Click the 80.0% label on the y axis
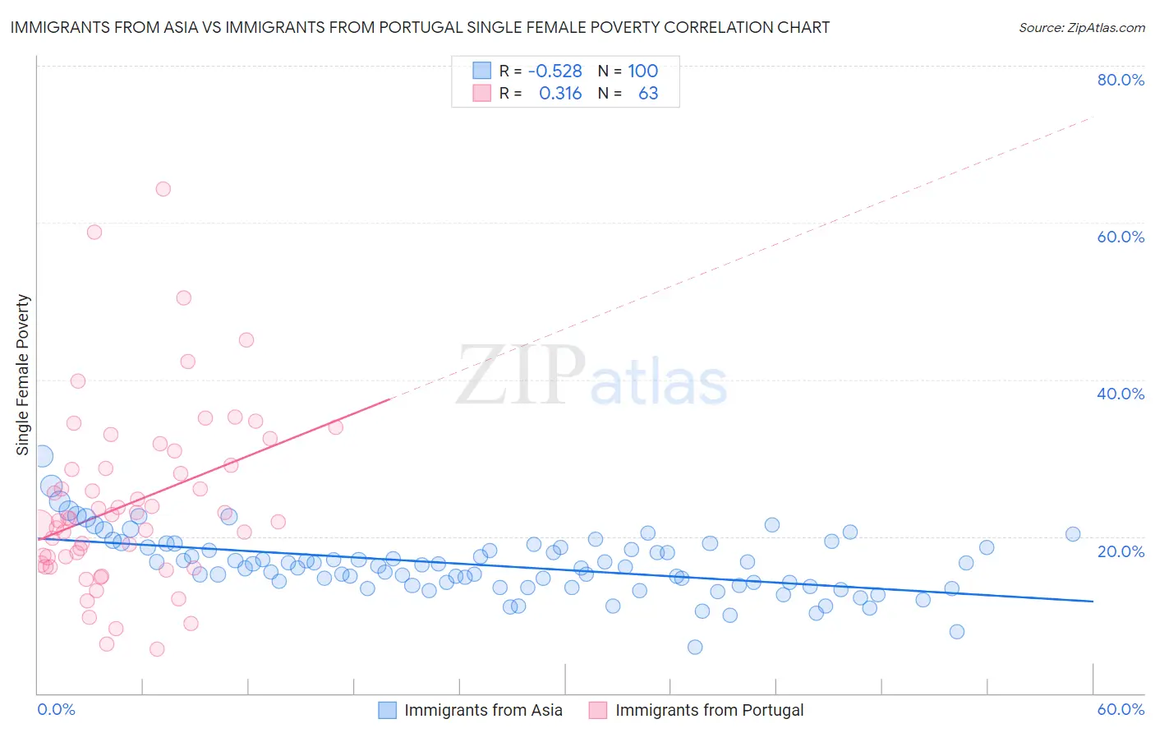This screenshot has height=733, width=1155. point(1120,80)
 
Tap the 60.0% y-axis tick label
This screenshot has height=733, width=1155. point(1120,237)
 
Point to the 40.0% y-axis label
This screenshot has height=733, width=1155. point(1120,394)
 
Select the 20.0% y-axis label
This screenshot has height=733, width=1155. point(1120,551)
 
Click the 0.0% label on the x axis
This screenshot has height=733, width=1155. point(56,709)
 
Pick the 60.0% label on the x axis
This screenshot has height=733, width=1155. point(1120,709)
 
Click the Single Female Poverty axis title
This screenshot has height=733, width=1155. point(23,375)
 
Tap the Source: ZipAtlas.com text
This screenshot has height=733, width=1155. point(1081,27)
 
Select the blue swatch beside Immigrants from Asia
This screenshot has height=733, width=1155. point(387,710)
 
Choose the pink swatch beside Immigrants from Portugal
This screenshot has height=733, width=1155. point(598,710)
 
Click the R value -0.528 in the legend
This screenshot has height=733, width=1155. point(555,71)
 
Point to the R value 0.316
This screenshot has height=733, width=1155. point(560,94)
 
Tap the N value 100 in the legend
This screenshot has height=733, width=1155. point(643,71)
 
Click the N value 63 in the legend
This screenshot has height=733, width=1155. point(648,94)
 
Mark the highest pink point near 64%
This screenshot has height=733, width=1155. point(163,189)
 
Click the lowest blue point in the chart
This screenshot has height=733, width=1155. point(695,648)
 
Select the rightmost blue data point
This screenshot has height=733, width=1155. point(1073,534)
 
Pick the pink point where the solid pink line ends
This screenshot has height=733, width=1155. point(335,427)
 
